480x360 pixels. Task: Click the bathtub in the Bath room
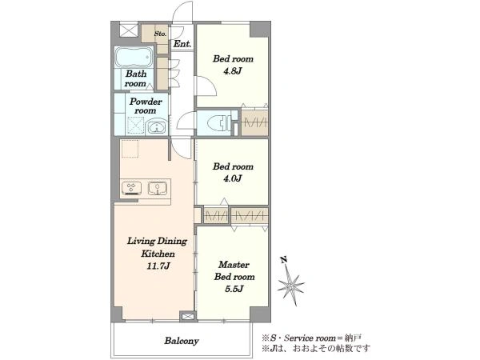(134, 57)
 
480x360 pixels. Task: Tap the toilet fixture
(219, 123)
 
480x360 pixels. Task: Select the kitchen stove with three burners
(132, 188)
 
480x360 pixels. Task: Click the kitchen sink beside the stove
(158, 188)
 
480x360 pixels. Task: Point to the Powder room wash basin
(157, 127)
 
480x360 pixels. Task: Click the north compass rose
(290, 286)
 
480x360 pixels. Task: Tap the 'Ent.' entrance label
(182, 44)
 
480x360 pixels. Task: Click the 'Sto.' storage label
(160, 34)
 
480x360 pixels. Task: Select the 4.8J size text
(233, 71)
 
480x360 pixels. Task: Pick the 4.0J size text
(233, 178)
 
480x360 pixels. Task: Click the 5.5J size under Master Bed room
(234, 288)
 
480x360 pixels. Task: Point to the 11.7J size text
(158, 266)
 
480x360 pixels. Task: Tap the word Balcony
(182, 341)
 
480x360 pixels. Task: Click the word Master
(234, 265)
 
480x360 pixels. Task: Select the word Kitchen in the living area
(158, 254)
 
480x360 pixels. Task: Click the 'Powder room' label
(146, 106)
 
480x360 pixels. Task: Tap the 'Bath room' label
(135, 78)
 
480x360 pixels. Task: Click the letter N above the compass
(284, 260)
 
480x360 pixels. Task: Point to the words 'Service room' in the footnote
(310, 338)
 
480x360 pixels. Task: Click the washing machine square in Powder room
(135, 126)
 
